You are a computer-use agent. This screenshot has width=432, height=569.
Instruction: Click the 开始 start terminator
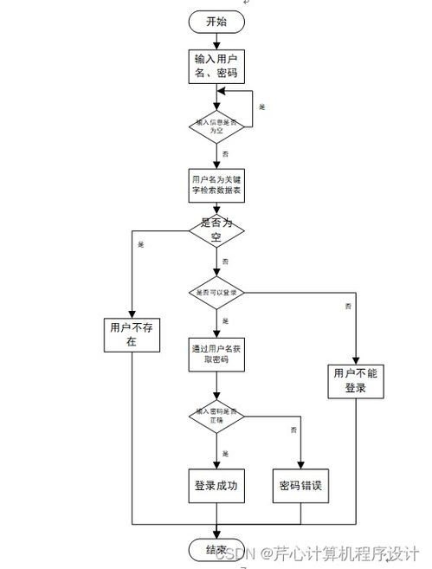[216, 22]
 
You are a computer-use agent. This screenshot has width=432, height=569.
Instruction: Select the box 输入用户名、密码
[216, 66]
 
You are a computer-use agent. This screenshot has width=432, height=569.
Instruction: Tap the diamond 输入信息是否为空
[216, 125]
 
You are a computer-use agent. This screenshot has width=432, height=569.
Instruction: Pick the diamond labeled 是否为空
[216, 229]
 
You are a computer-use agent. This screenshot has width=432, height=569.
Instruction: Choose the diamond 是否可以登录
[216, 293]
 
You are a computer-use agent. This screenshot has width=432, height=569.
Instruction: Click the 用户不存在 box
[131, 334]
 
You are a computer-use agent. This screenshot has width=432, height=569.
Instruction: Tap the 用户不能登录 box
[357, 381]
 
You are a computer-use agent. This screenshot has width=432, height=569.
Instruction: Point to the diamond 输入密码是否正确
[216, 415]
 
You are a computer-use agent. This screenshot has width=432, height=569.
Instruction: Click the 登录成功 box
[216, 486]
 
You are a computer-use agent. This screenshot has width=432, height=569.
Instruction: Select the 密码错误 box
[301, 486]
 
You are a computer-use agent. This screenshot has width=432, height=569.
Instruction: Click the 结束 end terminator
[216, 549]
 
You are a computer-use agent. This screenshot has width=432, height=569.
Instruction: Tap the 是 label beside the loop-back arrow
[262, 106]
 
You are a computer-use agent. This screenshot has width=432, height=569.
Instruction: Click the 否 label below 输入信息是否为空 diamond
[226, 153]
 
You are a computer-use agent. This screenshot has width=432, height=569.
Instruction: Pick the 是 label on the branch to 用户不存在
[141, 244]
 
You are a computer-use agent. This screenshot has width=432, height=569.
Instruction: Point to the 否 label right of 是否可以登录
[348, 307]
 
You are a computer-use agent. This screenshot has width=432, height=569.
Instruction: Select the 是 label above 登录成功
[226, 454]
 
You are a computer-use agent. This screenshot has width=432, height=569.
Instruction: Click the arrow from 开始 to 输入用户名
[216, 40]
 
